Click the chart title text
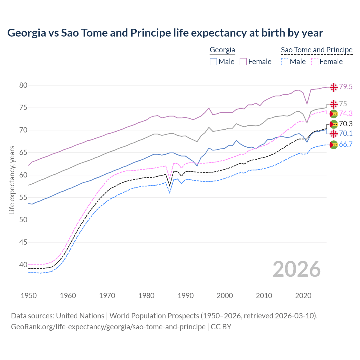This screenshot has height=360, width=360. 165,33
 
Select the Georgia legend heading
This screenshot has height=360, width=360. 222,50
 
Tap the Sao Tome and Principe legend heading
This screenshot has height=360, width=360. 317,50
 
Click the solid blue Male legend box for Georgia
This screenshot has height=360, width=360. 213,62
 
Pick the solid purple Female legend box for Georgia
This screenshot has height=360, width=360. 243,62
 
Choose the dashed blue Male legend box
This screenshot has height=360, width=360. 285,62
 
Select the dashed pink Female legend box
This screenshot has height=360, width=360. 315,62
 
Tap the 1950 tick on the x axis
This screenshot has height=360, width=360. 29,296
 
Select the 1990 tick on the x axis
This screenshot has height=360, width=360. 186,296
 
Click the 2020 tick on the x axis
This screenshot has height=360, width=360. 303,296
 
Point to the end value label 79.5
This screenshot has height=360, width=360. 346,87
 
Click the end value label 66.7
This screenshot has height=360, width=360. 346,145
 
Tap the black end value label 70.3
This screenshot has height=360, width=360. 346,124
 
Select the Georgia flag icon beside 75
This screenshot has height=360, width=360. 334,104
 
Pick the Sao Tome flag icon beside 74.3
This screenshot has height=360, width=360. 334,114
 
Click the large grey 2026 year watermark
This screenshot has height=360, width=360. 297,269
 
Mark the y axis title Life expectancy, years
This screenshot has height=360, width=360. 12,180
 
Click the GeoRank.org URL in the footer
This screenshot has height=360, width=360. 108,327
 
